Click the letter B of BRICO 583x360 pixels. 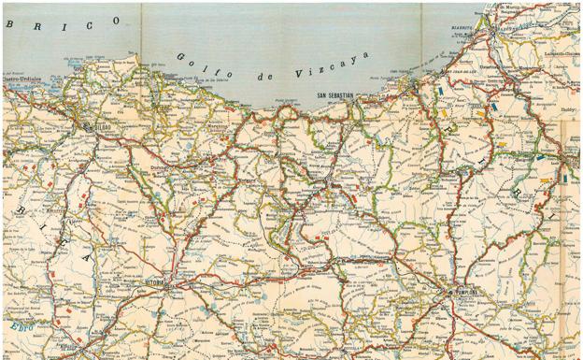pyautogui.click(x=12, y=24)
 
